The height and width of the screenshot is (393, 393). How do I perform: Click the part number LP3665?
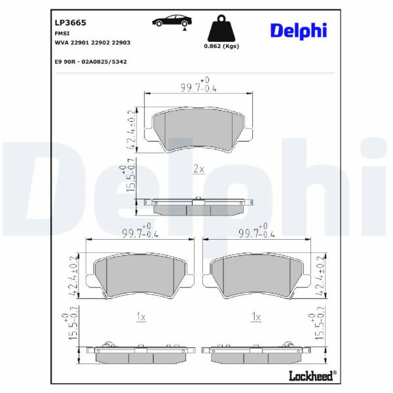71,23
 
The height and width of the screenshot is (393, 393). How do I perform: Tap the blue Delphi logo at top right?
299,31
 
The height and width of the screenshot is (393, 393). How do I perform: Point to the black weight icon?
221,28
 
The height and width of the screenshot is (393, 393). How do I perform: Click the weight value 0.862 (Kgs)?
221,46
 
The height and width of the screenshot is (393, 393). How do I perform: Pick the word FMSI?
62,33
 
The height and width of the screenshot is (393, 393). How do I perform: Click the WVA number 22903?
121,43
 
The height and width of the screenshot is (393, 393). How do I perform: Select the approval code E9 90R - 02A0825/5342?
91,62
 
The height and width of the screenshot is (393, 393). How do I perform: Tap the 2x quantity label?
198,169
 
